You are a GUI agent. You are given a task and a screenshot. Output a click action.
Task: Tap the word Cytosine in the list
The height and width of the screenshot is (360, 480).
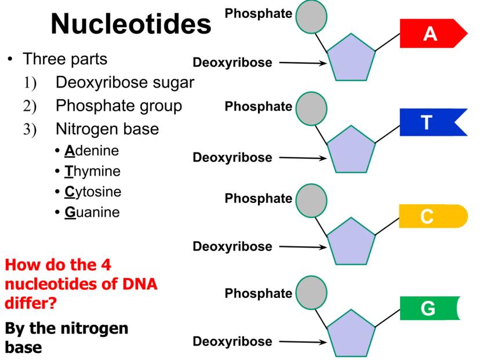pyautogui.click(x=93, y=192)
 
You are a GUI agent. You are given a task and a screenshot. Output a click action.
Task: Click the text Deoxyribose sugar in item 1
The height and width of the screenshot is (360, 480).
pyautogui.click(x=124, y=83)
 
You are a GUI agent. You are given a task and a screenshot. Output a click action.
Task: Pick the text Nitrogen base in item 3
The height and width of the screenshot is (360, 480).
pyautogui.click(x=107, y=129)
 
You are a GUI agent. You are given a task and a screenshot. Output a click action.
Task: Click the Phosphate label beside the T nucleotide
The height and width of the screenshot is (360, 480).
pyautogui.click(x=258, y=106)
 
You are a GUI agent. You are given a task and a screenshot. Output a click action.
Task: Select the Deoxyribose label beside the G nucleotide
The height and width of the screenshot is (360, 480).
pyautogui.click(x=232, y=341)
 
